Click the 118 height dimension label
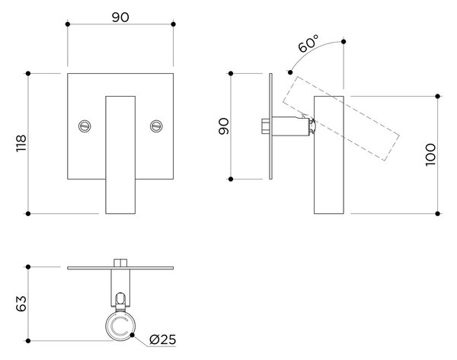(21, 143)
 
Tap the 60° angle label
(308, 43)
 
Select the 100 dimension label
(430, 155)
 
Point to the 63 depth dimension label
(21, 304)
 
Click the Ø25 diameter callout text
(163, 339)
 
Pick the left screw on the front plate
(85, 126)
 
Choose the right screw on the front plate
(156, 126)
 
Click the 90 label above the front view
(120, 18)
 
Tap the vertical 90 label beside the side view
(224, 126)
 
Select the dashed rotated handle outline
(340, 119)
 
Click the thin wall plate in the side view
(270, 126)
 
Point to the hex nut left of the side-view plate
(265, 126)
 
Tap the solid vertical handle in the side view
(329, 155)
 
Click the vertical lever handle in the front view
(120, 155)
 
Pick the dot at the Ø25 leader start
(133, 335)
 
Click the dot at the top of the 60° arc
(344, 42)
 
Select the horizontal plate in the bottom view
(120, 268)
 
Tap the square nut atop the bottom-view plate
(120, 263)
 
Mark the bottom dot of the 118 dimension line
(28, 214)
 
